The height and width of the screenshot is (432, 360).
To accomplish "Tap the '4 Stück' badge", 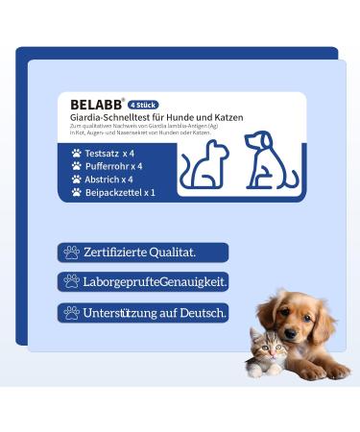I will point(144,105).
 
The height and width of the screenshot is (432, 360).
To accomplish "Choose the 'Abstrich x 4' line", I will point(108,179).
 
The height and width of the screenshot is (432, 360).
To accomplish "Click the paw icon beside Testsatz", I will point(77,153).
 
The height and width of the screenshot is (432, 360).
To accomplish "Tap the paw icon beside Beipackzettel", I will point(77,192).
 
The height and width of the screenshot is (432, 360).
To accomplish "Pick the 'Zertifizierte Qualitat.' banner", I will point(142,252).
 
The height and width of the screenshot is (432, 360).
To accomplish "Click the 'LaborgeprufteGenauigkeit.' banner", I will point(142,281).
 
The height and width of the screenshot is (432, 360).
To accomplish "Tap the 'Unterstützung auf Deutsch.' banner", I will point(142,312).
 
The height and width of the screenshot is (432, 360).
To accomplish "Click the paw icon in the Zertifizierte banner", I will point(71,252).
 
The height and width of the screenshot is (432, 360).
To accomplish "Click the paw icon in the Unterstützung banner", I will point(71,312).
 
